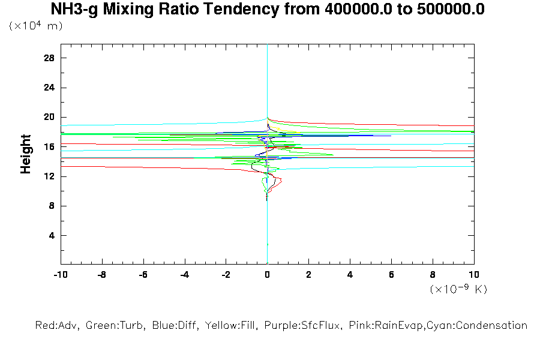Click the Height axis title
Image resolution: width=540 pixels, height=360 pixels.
tap(26, 154)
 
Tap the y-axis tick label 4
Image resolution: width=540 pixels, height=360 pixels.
tap(52, 235)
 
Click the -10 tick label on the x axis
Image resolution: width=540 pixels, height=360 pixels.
tap(60, 275)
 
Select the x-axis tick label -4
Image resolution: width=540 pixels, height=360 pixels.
tap(184, 275)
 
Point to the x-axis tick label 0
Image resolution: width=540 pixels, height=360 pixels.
tap(267, 275)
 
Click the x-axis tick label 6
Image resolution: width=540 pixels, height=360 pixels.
tap(391, 275)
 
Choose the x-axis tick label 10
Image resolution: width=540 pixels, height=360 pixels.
tap(474, 275)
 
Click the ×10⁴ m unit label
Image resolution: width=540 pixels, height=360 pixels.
tap(35, 26)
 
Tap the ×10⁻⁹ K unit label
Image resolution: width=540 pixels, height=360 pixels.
tap(458, 289)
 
